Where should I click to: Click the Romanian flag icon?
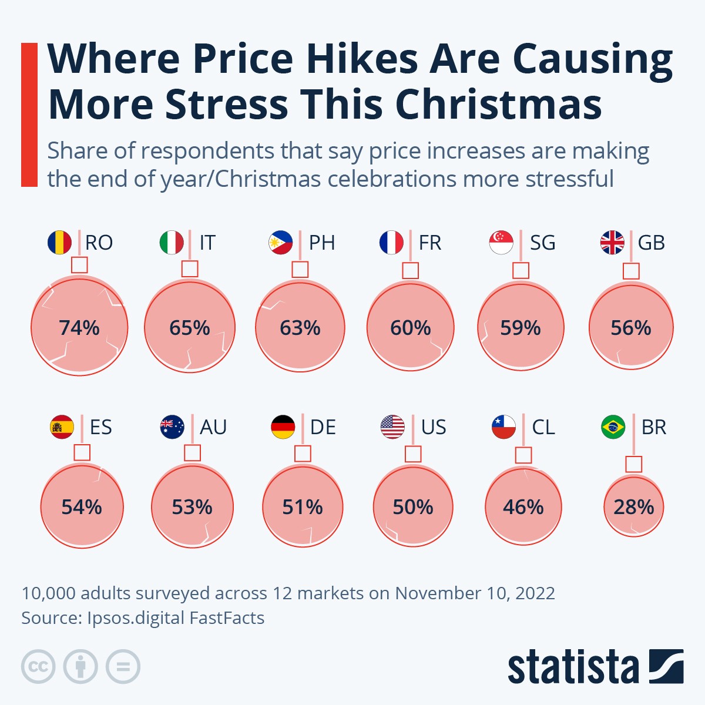(59, 243)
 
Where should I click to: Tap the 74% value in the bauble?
(79, 328)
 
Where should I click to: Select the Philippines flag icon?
(280, 243)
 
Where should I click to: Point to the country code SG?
(542, 243)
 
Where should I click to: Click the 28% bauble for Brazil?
(633, 506)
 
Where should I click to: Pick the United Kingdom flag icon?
(612, 243)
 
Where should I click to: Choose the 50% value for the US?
(413, 507)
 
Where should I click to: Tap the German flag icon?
(283, 427)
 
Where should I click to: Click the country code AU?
(213, 427)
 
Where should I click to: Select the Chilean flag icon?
(504, 427)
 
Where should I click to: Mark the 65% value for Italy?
(190, 328)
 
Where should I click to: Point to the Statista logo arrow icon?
(666, 666)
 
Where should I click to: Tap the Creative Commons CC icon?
(38, 667)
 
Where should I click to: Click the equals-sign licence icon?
(123, 667)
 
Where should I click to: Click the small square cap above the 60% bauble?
(410, 271)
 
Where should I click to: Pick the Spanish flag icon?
(62, 427)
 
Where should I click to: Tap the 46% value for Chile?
(523, 507)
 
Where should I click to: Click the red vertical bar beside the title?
(29, 115)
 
